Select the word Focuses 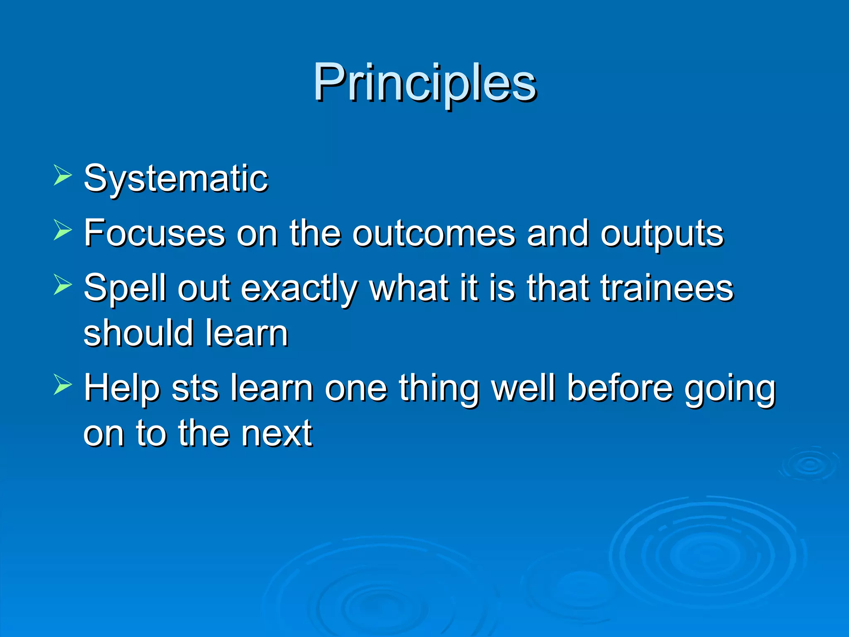pos(154,233)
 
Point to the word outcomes pos(434,233)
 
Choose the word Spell pos(125,289)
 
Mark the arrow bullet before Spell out pos(63,285)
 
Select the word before pos(620,388)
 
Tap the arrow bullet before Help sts pos(63,385)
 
